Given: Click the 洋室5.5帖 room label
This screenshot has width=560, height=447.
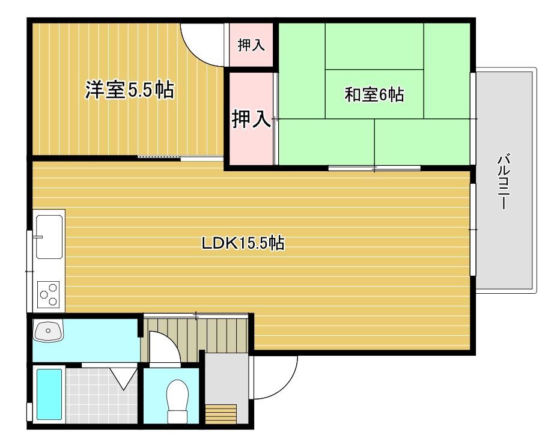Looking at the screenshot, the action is point(130,90).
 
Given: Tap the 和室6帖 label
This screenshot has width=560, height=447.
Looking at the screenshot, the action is point(374,94).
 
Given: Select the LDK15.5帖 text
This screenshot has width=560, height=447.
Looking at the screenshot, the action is point(243,243).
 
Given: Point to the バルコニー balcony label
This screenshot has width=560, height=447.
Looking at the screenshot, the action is point(504,181).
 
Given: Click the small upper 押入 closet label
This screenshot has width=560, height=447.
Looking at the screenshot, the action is point(251,45).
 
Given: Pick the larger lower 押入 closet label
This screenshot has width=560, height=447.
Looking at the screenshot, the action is point(251,118).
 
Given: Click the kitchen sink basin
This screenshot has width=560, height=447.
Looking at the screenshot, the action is point(49,237).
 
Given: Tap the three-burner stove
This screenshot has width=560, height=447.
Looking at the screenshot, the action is point(49,294).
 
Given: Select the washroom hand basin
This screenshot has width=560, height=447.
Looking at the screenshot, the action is point(48,330).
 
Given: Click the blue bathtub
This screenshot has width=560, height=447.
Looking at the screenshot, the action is point(49,394).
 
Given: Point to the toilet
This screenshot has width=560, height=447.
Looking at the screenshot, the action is point(177,401).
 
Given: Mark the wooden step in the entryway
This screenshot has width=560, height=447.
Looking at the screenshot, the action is point(221,414).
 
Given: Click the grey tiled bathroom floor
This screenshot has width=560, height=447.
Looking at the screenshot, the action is point(102,395).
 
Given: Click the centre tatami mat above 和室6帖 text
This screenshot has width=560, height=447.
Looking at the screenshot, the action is point(374,46).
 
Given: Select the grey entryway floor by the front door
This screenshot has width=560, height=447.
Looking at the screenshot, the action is point(227,379).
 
